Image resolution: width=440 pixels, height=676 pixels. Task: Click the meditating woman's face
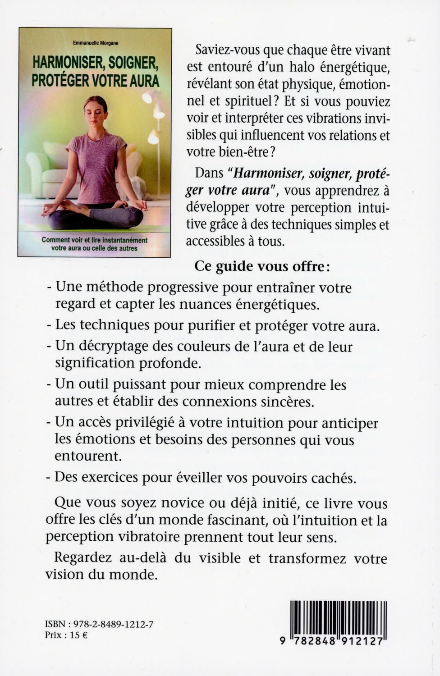95,109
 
